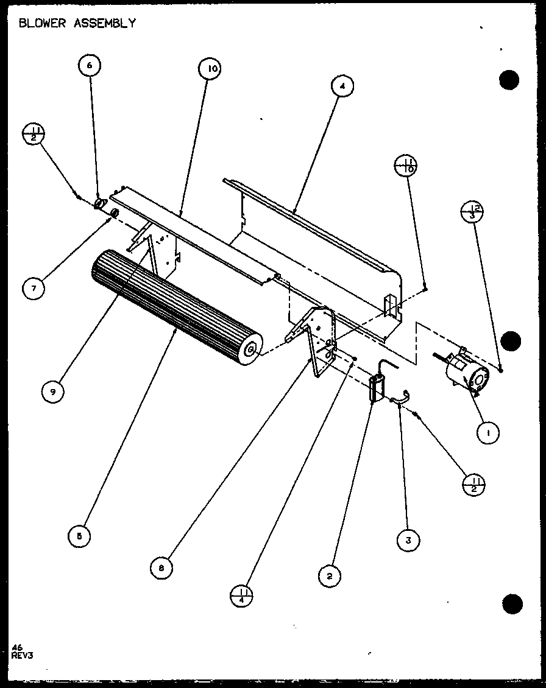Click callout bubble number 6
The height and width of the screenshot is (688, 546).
[x=90, y=66]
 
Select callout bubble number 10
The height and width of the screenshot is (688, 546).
[x=210, y=69]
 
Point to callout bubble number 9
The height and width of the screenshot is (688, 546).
[x=53, y=391]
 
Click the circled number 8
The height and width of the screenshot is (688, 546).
[x=161, y=568]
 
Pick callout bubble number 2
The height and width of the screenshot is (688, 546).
[x=330, y=575]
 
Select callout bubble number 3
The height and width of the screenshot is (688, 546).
[x=409, y=539]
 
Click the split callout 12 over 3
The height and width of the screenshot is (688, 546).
[x=473, y=214]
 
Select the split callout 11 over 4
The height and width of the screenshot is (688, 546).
[x=242, y=595]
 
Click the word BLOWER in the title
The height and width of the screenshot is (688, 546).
[x=43, y=23]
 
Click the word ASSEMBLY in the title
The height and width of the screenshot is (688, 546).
[x=105, y=23]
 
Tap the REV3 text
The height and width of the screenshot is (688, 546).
[x=22, y=655]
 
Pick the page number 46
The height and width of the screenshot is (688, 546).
[x=16, y=647]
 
